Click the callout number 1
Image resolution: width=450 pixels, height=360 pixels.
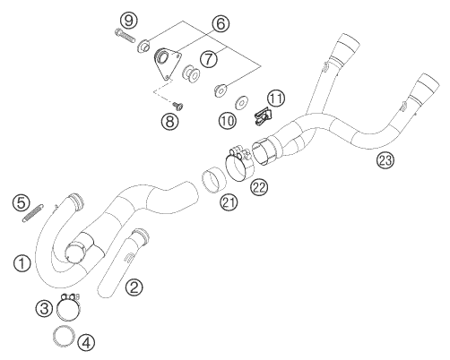point(20,262)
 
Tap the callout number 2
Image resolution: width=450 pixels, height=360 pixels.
point(134,287)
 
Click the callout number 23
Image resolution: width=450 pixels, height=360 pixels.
point(386,162)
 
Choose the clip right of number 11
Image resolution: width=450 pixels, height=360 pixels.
point(262,115)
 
